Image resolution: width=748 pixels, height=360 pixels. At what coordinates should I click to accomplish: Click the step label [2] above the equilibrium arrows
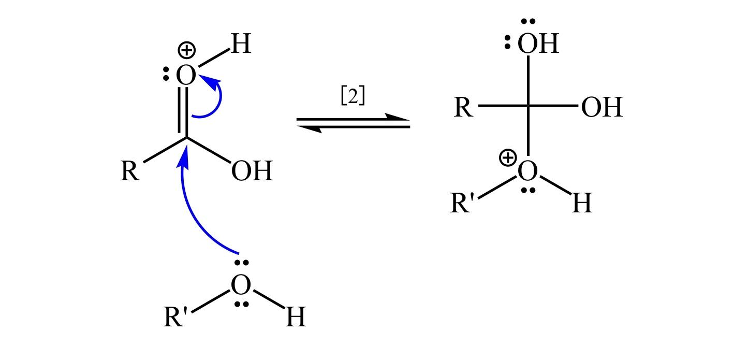tap(353, 96)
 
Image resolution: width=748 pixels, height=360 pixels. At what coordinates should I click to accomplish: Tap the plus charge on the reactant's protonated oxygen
tap(186, 51)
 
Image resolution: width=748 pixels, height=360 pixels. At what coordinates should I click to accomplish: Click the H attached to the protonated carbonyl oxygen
tap(241, 44)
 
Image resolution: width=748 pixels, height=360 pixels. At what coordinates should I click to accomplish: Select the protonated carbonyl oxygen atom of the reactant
tap(186, 76)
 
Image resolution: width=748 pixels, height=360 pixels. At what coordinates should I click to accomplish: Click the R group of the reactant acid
tap(130, 171)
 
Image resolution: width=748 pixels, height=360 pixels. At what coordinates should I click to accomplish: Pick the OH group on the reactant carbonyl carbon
tap(252, 171)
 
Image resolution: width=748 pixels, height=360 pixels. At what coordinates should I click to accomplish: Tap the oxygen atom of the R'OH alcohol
tap(241, 284)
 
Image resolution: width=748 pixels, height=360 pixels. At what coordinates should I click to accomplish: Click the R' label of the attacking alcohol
tap(175, 317)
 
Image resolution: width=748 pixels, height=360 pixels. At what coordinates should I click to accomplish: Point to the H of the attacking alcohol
tap(296, 317)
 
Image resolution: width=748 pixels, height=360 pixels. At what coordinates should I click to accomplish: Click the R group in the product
tap(463, 108)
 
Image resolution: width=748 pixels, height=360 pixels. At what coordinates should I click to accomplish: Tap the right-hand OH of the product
tap(602, 108)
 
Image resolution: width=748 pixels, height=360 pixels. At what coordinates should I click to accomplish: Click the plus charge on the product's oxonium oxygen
tap(508, 157)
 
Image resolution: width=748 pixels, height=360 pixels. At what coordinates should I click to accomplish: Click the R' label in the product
tap(462, 204)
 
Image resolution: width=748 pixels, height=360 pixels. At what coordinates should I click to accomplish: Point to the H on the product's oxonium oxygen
tap(582, 204)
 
